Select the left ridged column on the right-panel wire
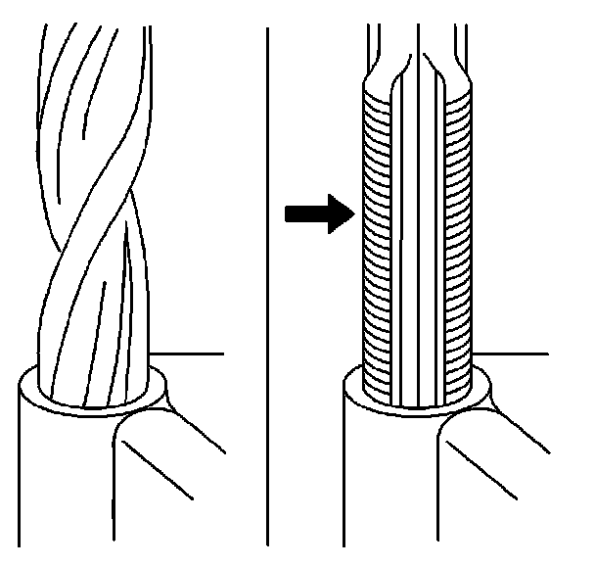click(x=376, y=245)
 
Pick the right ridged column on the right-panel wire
click(x=459, y=245)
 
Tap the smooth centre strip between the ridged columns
click(x=418, y=245)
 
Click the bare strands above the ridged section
click(x=418, y=49)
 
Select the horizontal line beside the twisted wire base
click(x=191, y=353)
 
